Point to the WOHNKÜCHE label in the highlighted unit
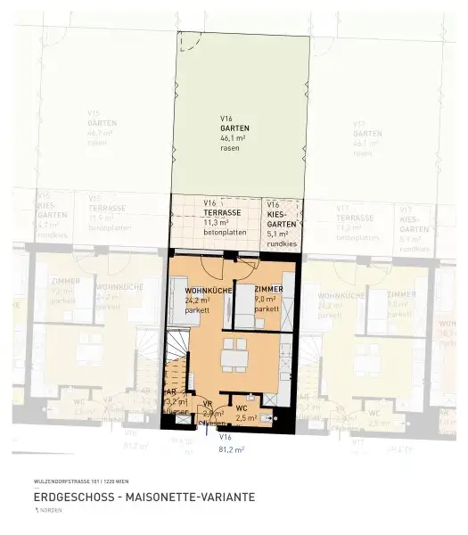(209, 292)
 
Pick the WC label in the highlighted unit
(241, 408)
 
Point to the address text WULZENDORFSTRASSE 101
(64, 481)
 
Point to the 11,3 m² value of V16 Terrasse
(214, 223)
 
